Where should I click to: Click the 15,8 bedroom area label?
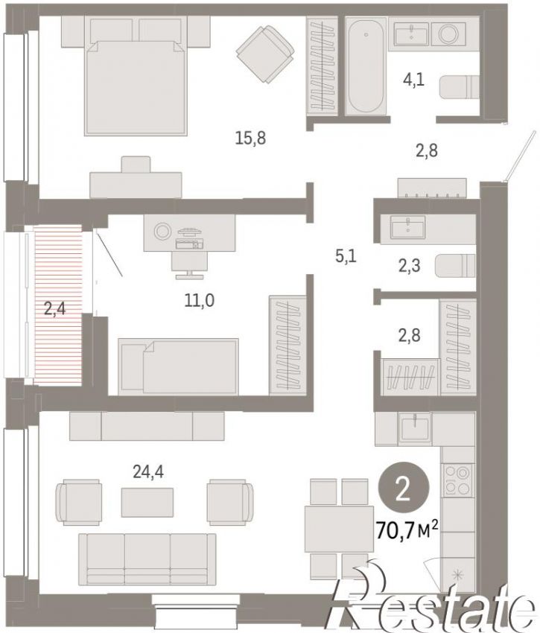250,138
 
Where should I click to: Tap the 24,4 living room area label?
148,471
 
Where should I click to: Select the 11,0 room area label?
199,300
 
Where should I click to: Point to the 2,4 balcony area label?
54,310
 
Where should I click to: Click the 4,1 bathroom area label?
413,80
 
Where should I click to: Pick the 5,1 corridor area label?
346,256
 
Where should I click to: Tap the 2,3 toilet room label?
409,266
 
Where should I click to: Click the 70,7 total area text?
407,529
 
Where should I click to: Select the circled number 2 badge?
403,488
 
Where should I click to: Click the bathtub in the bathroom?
366,66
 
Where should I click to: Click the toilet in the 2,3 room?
455,266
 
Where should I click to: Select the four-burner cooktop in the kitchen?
457,480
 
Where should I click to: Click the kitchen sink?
415,429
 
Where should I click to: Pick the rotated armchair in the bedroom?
265,54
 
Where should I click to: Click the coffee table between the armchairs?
147,502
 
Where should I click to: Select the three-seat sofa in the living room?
147,559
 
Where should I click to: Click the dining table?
339,529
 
